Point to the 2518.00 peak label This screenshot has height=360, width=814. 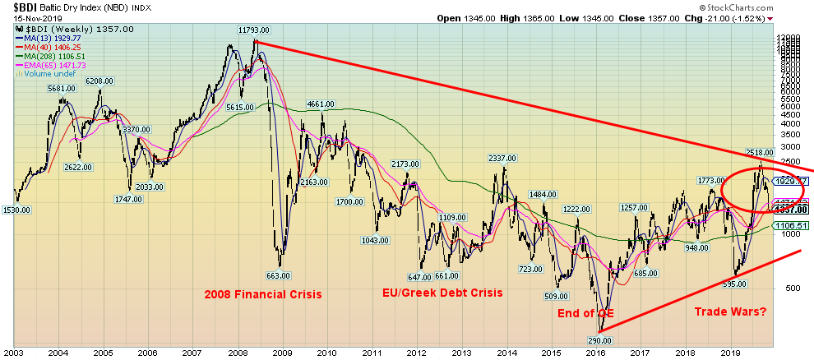point(761,153)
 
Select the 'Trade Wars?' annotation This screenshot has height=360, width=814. point(730,312)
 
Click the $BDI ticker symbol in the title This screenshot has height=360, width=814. point(16,7)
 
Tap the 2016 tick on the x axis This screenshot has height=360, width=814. point(595,353)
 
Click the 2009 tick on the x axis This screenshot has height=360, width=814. point(282,353)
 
